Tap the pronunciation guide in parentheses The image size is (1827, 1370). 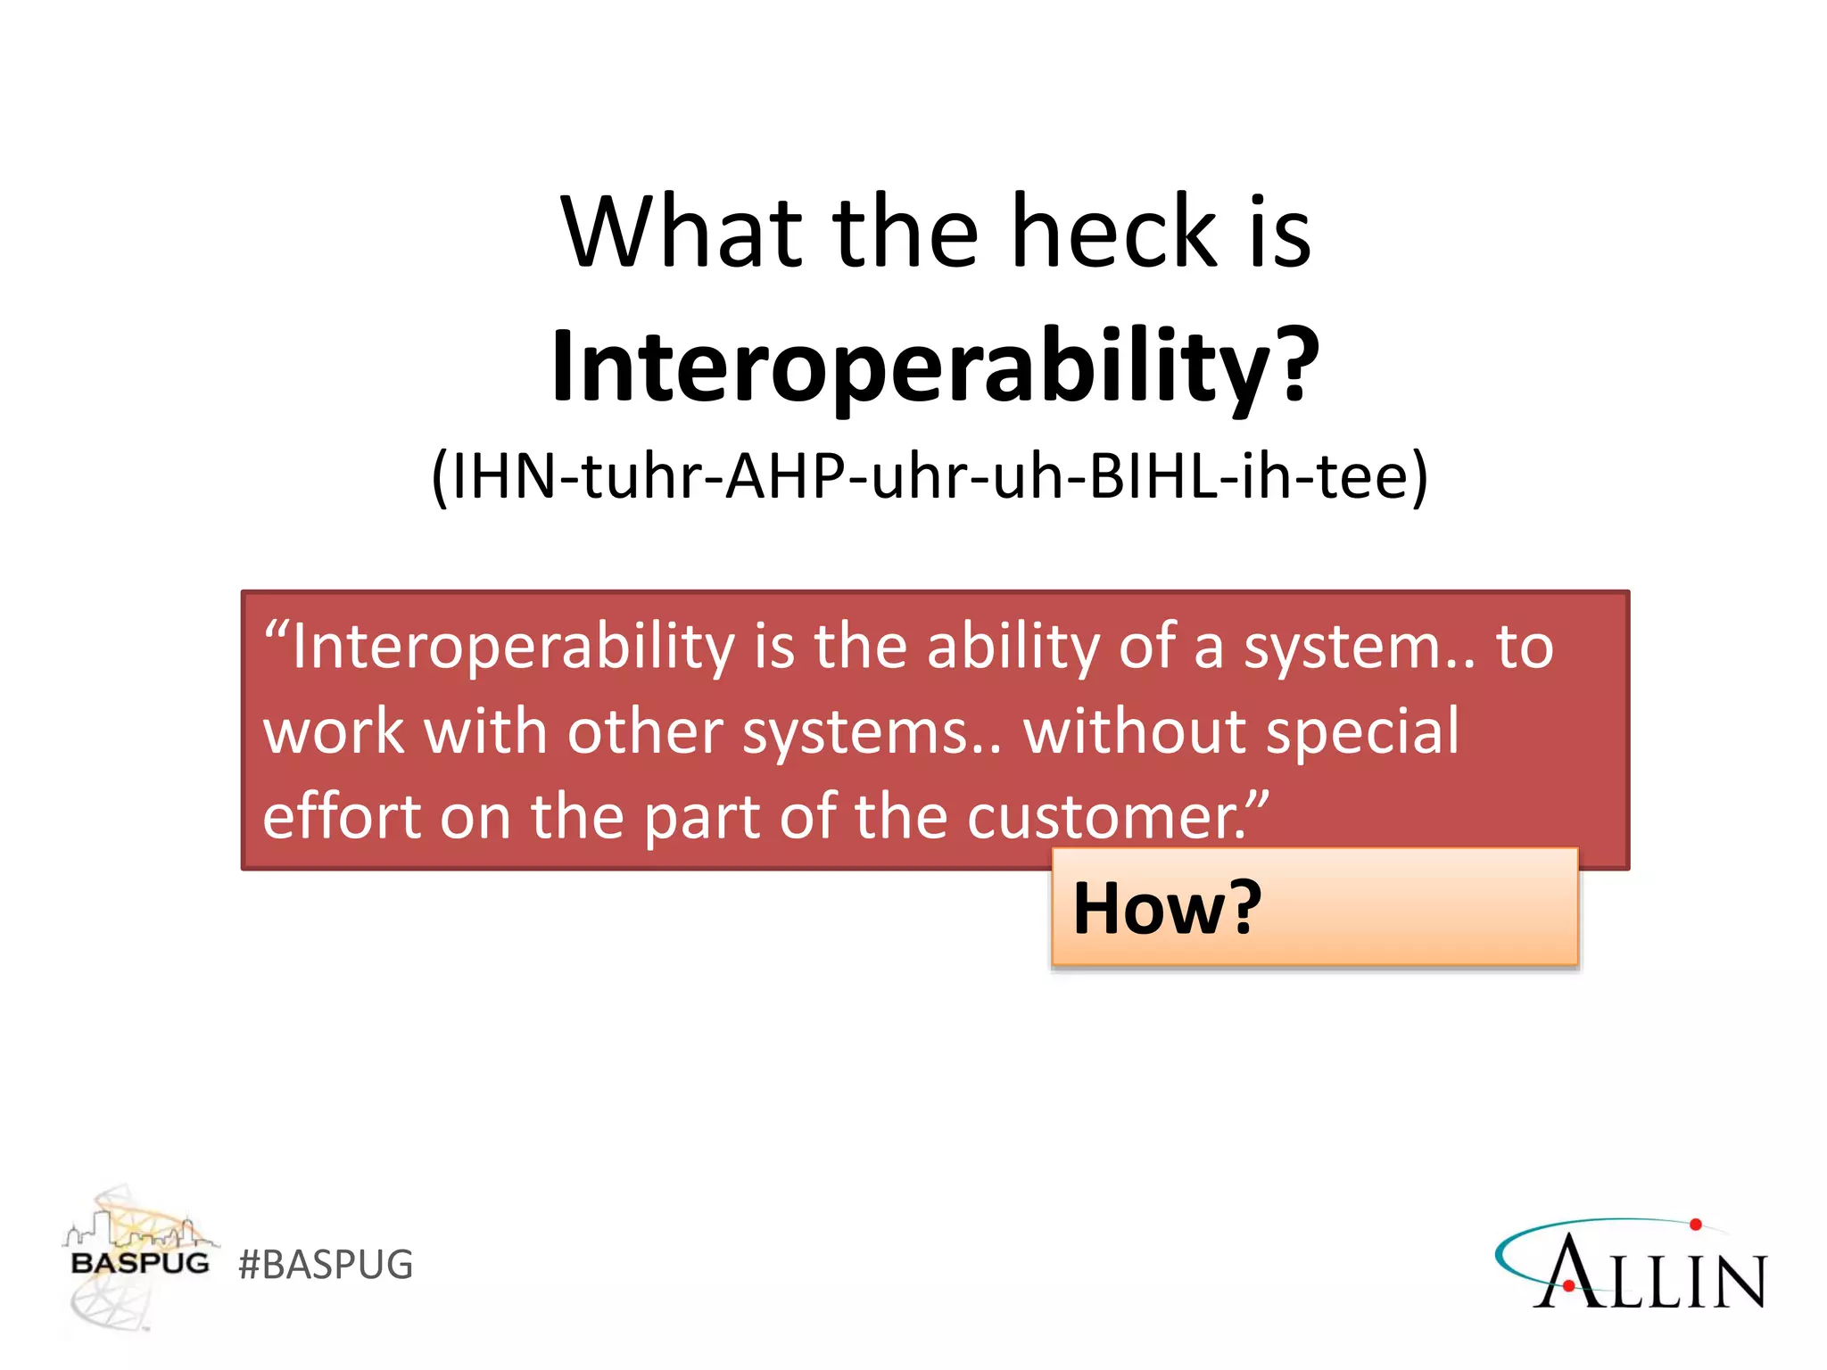tap(930, 476)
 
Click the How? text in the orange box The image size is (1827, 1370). tap(1167, 908)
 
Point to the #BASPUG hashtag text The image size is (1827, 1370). tap(326, 1265)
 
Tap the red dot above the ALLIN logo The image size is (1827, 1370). tap(1695, 1225)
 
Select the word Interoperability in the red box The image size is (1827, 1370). tap(512, 647)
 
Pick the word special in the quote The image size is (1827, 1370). tap(1362, 731)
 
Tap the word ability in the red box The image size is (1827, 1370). tap(1013, 647)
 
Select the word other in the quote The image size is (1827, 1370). tap(644, 731)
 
